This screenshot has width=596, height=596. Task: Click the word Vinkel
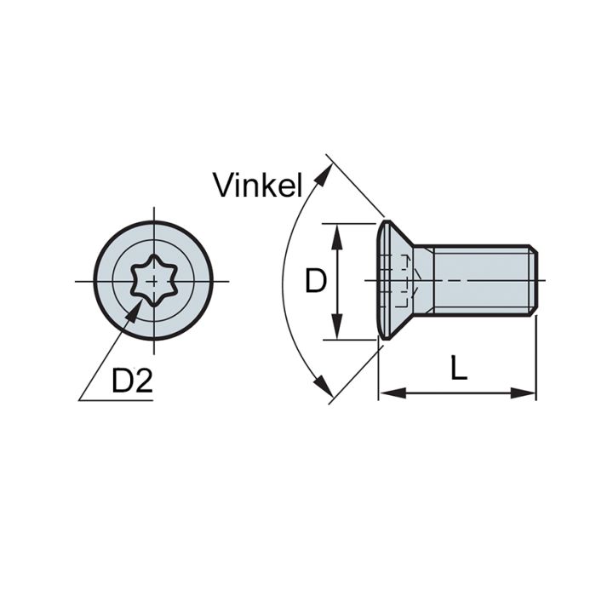click(x=258, y=185)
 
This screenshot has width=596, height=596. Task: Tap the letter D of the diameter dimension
click(x=315, y=281)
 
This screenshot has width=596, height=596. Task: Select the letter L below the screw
click(x=459, y=369)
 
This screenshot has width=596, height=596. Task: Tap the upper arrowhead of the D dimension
click(x=338, y=233)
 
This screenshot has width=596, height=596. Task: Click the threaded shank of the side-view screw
click(x=481, y=280)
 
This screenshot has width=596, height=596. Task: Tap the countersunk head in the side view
click(x=390, y=280)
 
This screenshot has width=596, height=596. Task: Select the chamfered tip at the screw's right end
click(x=534, y=280)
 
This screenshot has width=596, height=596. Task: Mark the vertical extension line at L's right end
click(x=536, y=358)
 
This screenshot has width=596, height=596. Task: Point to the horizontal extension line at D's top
click(x=349, y=222)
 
